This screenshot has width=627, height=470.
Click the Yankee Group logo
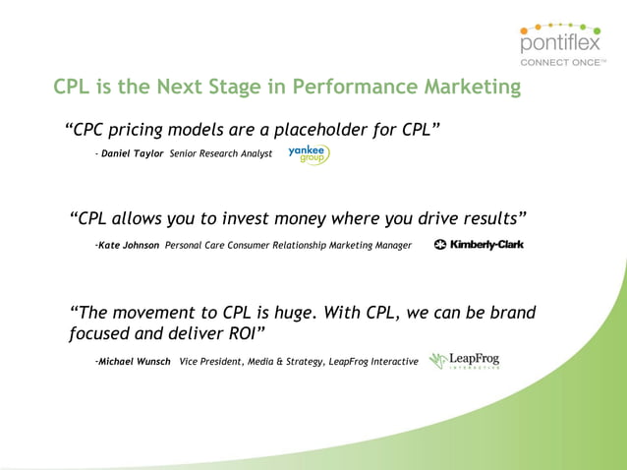click(309, 154)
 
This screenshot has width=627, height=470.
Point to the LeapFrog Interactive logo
click(465, 361)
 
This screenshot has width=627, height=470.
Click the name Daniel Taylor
click(133, 154)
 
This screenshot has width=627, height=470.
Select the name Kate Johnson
click(129, 245)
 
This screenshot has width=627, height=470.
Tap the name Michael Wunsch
click(134, 362)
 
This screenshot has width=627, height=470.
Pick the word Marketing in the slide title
click(472, 88)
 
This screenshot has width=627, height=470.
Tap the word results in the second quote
click(484, 217)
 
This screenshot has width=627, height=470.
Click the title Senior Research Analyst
click(220, 154)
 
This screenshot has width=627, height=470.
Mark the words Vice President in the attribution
click(210, 362)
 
